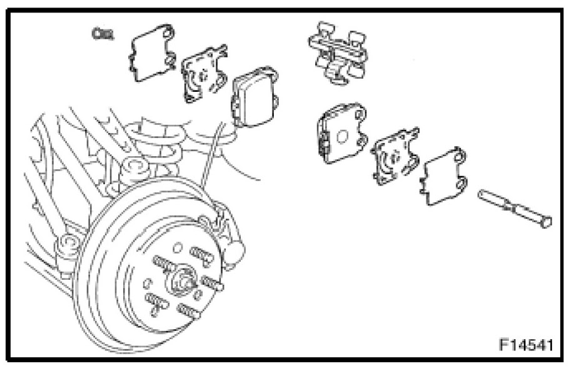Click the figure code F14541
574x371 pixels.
(x=526, y=345)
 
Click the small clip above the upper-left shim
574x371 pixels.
(x=103, y=34)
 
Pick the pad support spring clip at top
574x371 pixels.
(x=338, y=53)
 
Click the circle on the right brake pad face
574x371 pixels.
(x=342, y=137)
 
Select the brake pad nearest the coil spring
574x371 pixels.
(x=254, y=96)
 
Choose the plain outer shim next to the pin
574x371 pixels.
(x=444, y=176)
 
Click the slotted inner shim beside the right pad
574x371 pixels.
(x=395, y=156)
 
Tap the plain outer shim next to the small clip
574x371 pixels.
(x=151, y=53)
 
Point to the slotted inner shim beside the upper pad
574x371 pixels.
(x=204, y=74)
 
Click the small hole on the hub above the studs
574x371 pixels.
(x=177, y=248)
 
